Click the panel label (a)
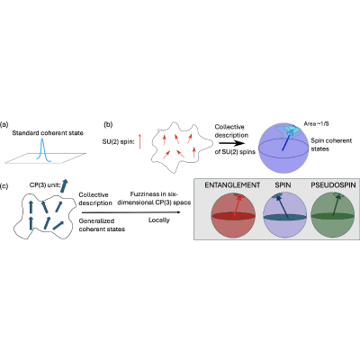4,124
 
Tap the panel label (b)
108,124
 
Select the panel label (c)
4,186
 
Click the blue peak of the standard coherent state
43,150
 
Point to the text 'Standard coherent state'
48,133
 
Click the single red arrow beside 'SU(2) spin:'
139,141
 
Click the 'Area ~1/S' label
317,123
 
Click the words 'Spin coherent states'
331,145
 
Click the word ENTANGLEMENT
232,185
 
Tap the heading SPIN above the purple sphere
283,185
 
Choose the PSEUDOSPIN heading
333,185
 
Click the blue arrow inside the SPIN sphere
283,206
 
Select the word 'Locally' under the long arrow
159,220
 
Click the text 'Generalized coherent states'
102,225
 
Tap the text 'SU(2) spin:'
118,141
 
